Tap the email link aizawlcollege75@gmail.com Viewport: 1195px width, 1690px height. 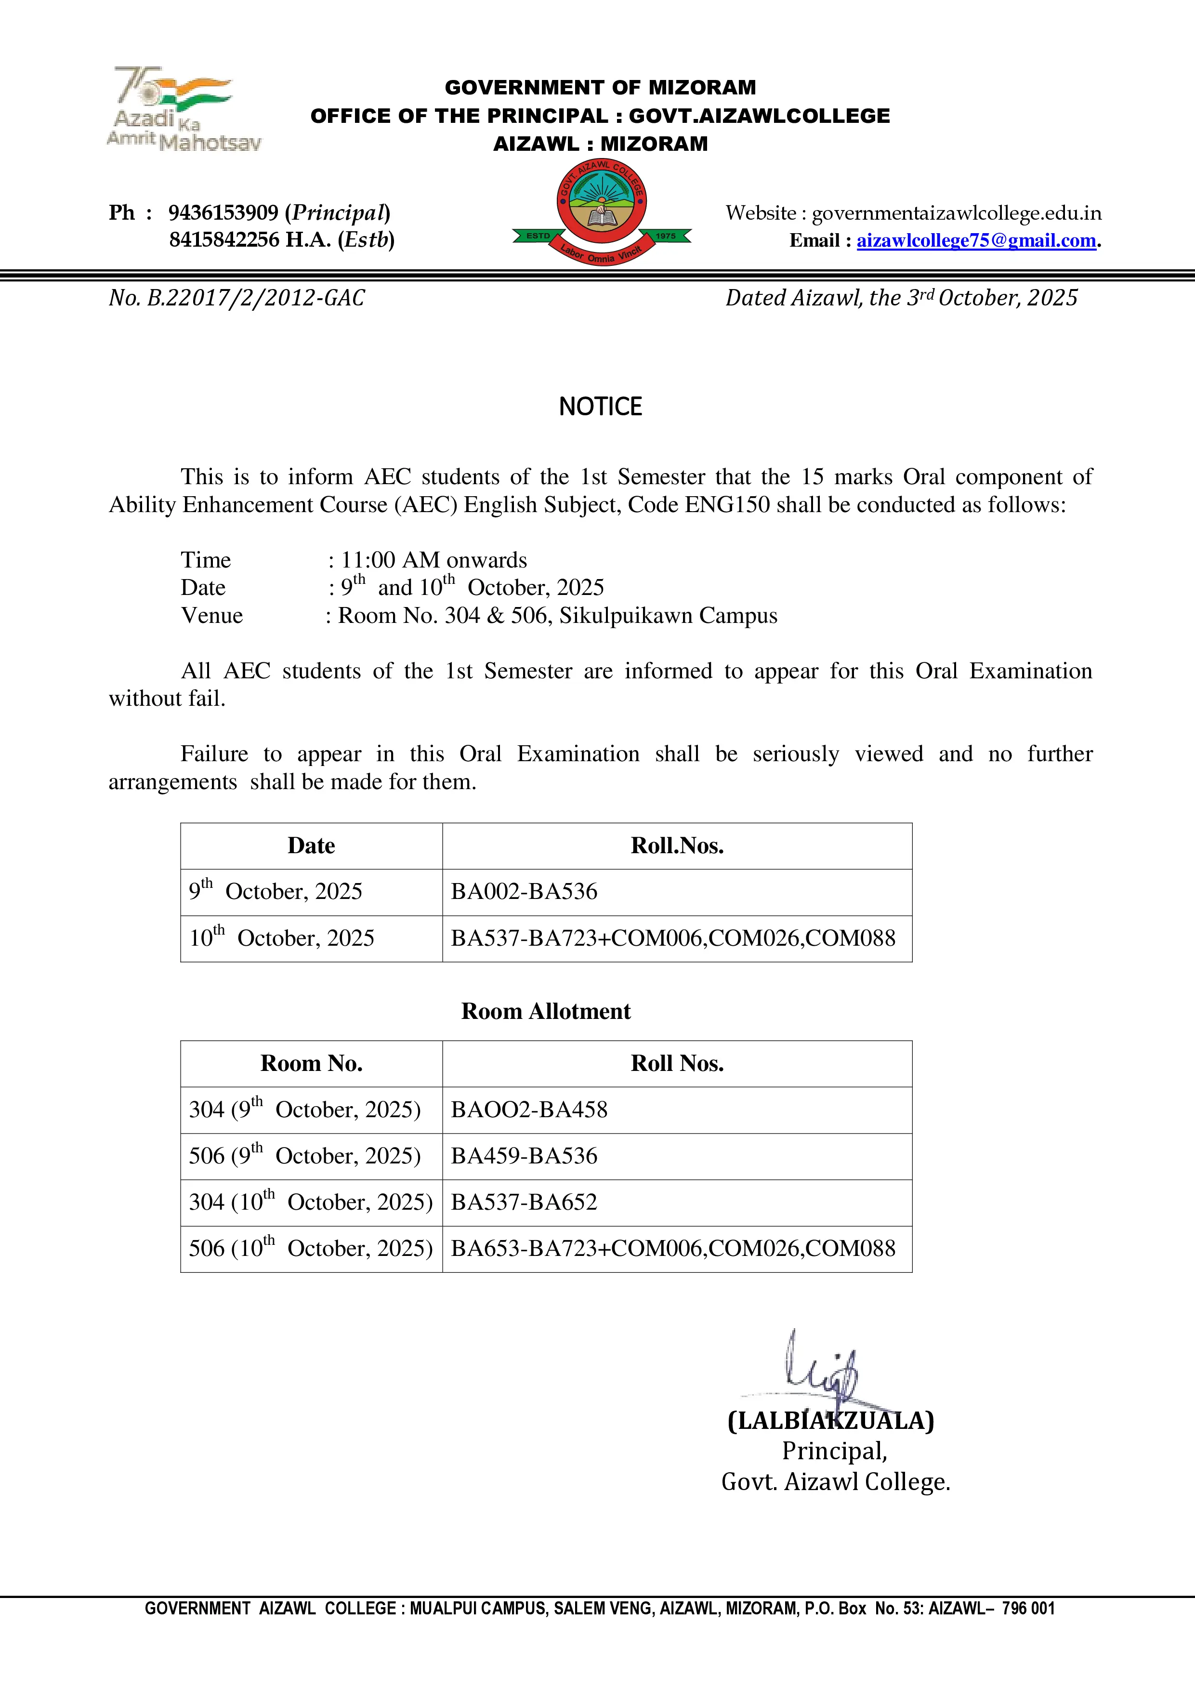tap(976, 241)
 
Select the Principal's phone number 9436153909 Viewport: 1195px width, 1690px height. tap(223, 213)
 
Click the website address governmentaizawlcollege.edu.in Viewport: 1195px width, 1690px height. tap(956, 213)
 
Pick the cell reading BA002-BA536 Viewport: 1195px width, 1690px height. tap(524, 891)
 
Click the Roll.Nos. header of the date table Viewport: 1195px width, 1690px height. tap(676, 846)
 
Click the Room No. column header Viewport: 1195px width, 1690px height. tap(311, 1064)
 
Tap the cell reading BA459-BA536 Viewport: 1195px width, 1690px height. tap(524, 1156)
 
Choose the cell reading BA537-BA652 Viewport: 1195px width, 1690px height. tap(524, 1202)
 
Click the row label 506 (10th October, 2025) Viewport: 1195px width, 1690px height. tap(311, 1248)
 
